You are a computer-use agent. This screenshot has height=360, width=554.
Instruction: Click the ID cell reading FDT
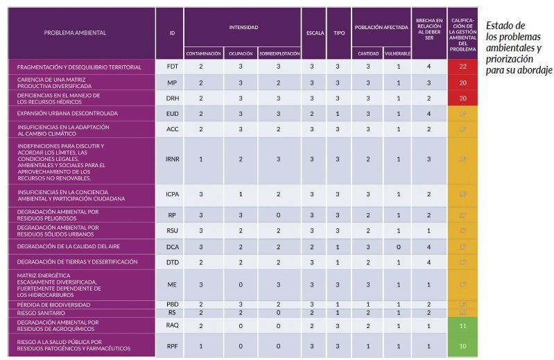[172, 67]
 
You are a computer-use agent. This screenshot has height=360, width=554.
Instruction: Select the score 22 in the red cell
[462, 67]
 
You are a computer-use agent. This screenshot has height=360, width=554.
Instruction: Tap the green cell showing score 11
[462, 325]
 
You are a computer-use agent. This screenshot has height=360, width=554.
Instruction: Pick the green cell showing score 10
[462, 345]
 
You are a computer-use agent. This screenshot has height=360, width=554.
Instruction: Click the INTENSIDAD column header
[243, 28]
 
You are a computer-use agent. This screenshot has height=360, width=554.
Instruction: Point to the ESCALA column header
[315, 33]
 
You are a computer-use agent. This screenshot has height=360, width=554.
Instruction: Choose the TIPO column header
[338, 33]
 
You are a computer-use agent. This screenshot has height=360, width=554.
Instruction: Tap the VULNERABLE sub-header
[397, 53]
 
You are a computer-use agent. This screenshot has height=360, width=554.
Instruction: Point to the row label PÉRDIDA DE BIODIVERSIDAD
[48, 305]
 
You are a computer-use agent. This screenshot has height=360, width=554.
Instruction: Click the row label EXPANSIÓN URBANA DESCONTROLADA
[67, 112]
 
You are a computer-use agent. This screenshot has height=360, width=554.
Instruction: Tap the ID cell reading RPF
[172, 345]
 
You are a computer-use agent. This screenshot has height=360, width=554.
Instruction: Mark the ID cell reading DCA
[172, 246]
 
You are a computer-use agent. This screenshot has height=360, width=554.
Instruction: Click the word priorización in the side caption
[507, 59]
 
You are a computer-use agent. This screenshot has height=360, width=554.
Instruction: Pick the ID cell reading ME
[172, 284]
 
